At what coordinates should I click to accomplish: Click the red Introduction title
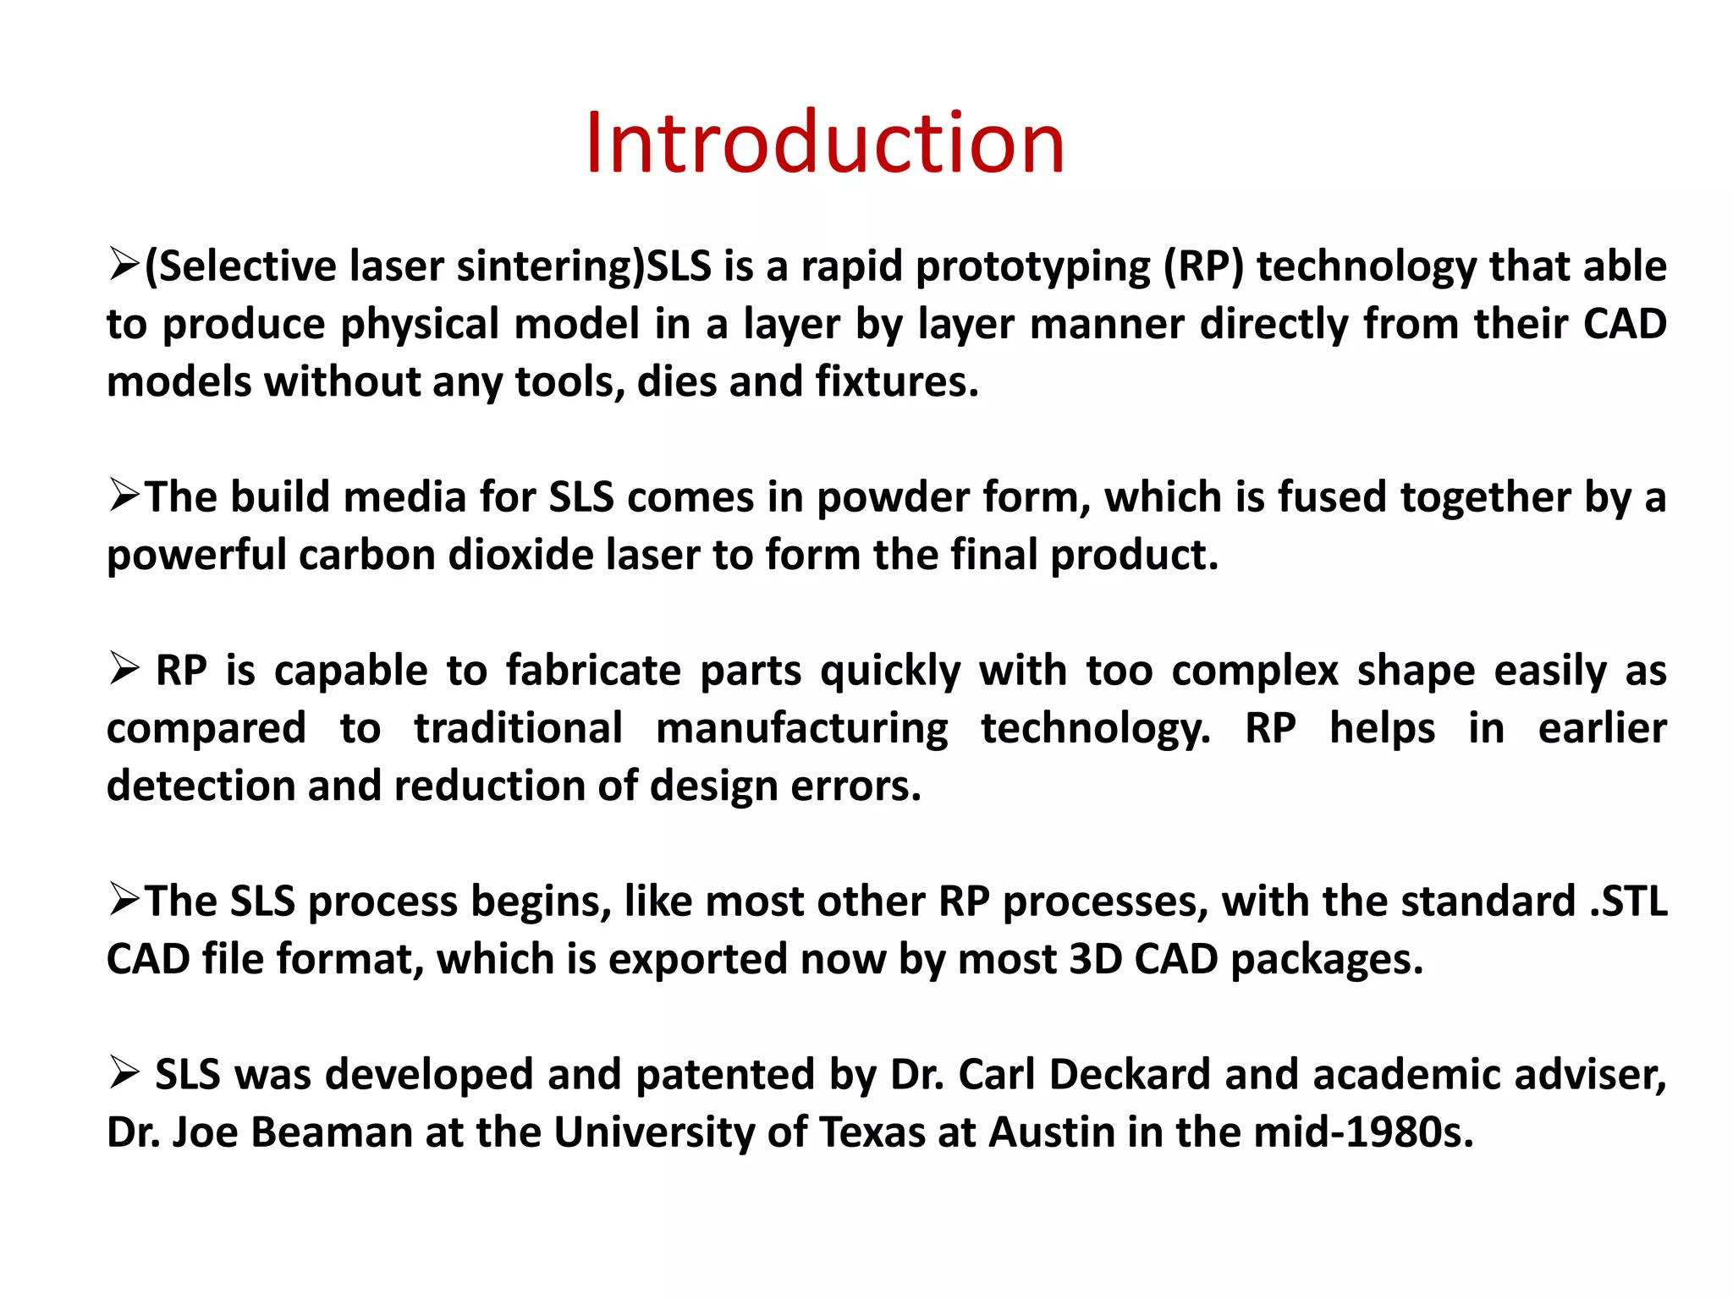click(824, 143)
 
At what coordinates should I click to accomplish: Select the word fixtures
click(896, 382)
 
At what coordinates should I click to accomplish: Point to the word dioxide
click(520, 556)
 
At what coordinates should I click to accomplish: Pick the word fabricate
click(593, 671)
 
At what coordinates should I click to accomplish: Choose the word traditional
click(518, 728)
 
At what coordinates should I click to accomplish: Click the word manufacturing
click(802, 730)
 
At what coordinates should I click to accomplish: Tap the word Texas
click(872, 1132)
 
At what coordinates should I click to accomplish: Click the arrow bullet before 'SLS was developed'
click(124, 1075)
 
